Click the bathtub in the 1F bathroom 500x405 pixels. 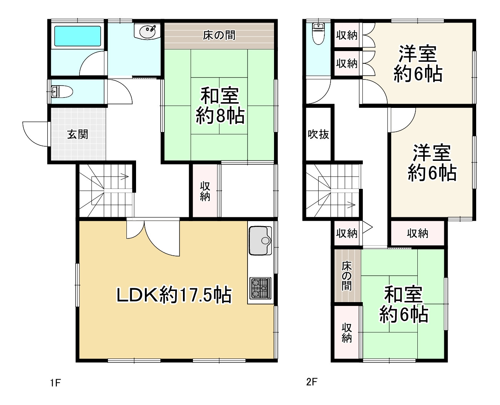click(x=78, y=36)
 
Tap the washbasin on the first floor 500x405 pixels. click(x=147, y=31)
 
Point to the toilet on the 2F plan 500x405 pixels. click(x=318, y=33)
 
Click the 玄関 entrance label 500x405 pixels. click(x=78, y=134)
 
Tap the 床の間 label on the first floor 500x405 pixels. click(x=219, y=35)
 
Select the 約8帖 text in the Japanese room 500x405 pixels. click(x=220, y=115)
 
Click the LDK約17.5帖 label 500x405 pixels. click(x=174, y=295)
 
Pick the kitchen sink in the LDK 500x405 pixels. click(x=260, y=241)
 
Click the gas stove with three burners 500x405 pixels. click(x=260, y=288)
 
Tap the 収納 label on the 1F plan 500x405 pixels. click(x=205, y=191)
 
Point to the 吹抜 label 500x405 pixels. click(x=318, y=134)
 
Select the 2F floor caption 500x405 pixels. click(x=312, y=382)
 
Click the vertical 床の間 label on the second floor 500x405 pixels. click(x=347, y=276)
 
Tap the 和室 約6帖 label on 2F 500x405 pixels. click(x=404, y=304)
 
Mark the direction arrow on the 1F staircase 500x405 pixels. click(x=124, y=177)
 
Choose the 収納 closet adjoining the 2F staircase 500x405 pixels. click(x=347, y=233)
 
